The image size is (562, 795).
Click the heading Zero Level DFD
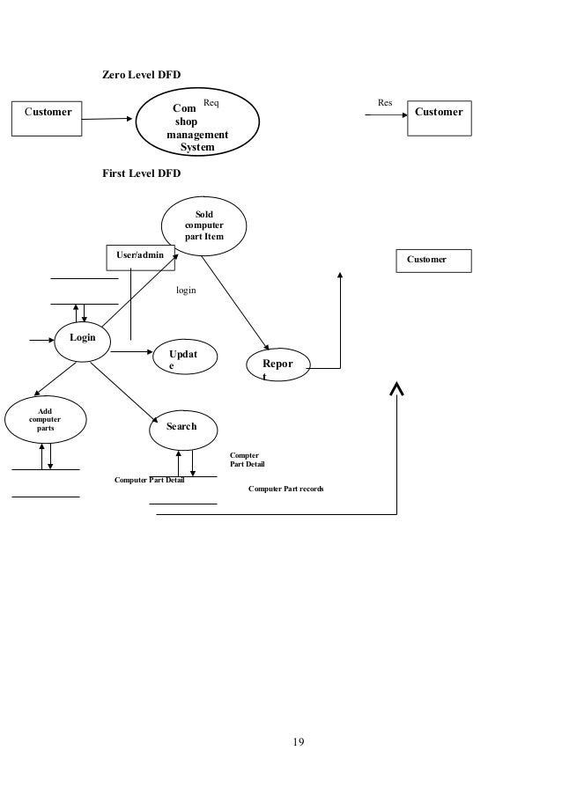142,76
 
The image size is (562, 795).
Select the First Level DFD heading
142,173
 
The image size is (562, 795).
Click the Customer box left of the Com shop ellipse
48,119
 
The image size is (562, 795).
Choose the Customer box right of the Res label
439,119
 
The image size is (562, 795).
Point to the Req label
211,103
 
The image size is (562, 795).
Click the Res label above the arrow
385,103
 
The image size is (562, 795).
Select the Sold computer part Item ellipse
204,226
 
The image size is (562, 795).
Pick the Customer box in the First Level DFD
433,261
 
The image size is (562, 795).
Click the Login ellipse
83,339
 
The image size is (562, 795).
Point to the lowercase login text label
186,289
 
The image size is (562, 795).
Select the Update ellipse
186,359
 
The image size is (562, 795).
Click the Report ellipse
279,367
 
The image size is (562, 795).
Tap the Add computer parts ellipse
45,418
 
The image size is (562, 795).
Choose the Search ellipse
181,427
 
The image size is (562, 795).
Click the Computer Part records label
285,488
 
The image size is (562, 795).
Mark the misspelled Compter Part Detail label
247,460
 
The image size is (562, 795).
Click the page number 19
299,742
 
